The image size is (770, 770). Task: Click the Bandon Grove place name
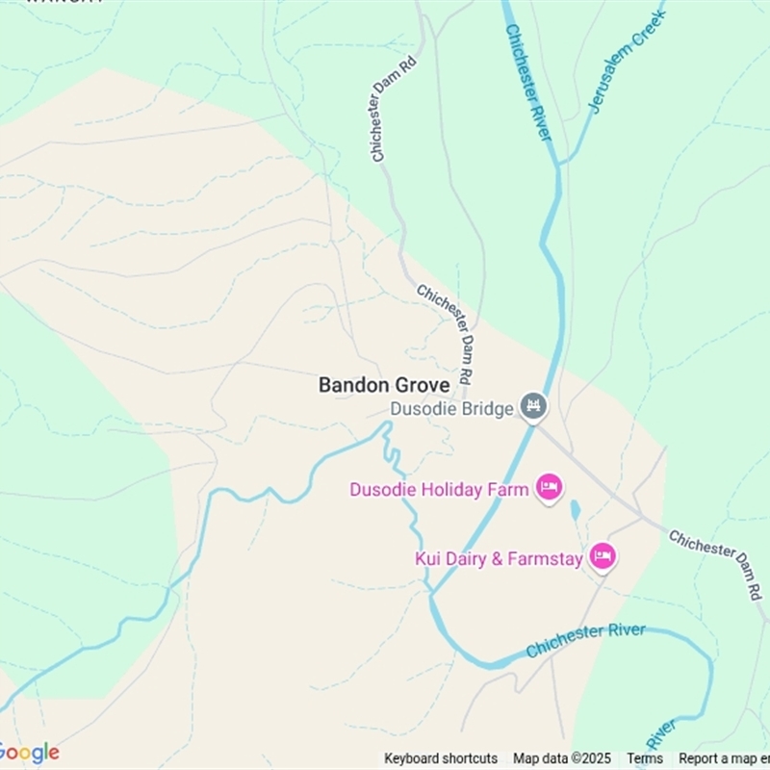point(384,385)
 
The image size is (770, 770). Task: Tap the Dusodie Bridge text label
point(451,409)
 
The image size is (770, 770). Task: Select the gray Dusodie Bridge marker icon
point(533,407)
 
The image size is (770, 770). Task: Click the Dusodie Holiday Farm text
point(439,490)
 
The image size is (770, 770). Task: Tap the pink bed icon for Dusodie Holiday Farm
point(550,488)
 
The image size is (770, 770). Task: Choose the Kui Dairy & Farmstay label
point(499,558)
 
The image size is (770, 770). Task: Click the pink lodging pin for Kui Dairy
point(603,555)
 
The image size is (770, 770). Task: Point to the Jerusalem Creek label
point(627,61)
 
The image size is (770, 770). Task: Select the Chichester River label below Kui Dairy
point(585,640)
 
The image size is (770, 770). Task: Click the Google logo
point(29,753)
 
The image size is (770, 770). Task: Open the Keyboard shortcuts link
point(441,758)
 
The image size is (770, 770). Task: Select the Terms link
point(645,758)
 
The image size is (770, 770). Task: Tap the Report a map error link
point(724,758)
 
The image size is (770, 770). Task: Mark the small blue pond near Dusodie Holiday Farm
point(576,510)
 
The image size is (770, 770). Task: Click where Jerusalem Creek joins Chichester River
point(559,164)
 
